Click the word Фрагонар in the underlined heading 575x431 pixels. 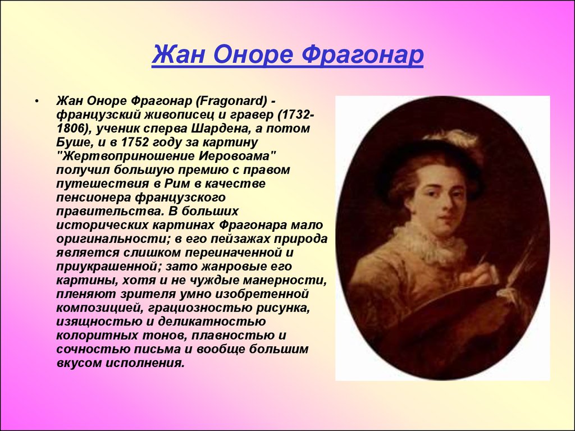click(363, 55)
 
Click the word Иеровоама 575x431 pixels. click(235, 156)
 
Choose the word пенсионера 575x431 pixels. click(94, 197)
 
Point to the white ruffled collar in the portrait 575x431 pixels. click(429, 242)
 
